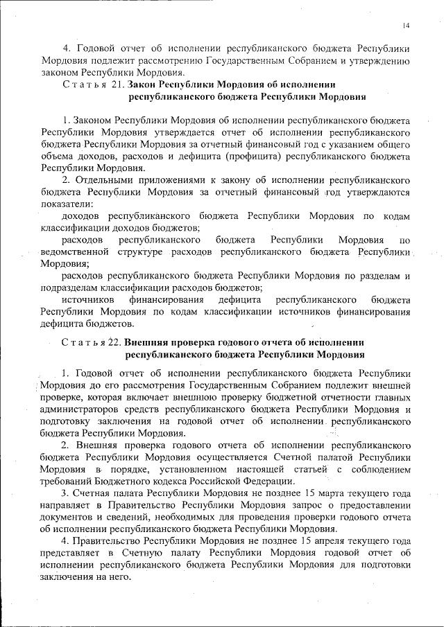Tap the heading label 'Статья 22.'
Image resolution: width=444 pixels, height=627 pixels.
pyautogui.click(x=92, y=342)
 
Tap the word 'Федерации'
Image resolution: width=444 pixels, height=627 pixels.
pyautogui.click(x=271, y=481)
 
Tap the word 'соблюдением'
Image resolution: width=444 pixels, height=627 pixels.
pyautogui.click(x=379, y=469)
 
